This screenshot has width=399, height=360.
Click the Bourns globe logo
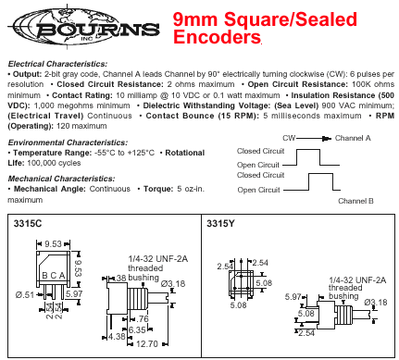coord(86,28)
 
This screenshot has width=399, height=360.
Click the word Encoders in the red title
coord(217,37)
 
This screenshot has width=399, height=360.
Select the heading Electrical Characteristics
coord(57,64)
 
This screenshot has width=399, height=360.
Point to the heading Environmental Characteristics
coord(68,143)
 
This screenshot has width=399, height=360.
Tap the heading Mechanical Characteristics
coord(61,179)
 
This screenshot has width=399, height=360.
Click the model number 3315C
coord(28,223)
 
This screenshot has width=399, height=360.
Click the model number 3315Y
coord(220,223)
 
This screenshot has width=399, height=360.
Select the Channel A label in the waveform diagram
coord(353,138)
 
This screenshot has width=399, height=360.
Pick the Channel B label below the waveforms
coord(355,201)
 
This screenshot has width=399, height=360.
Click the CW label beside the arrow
coord(289,138)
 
